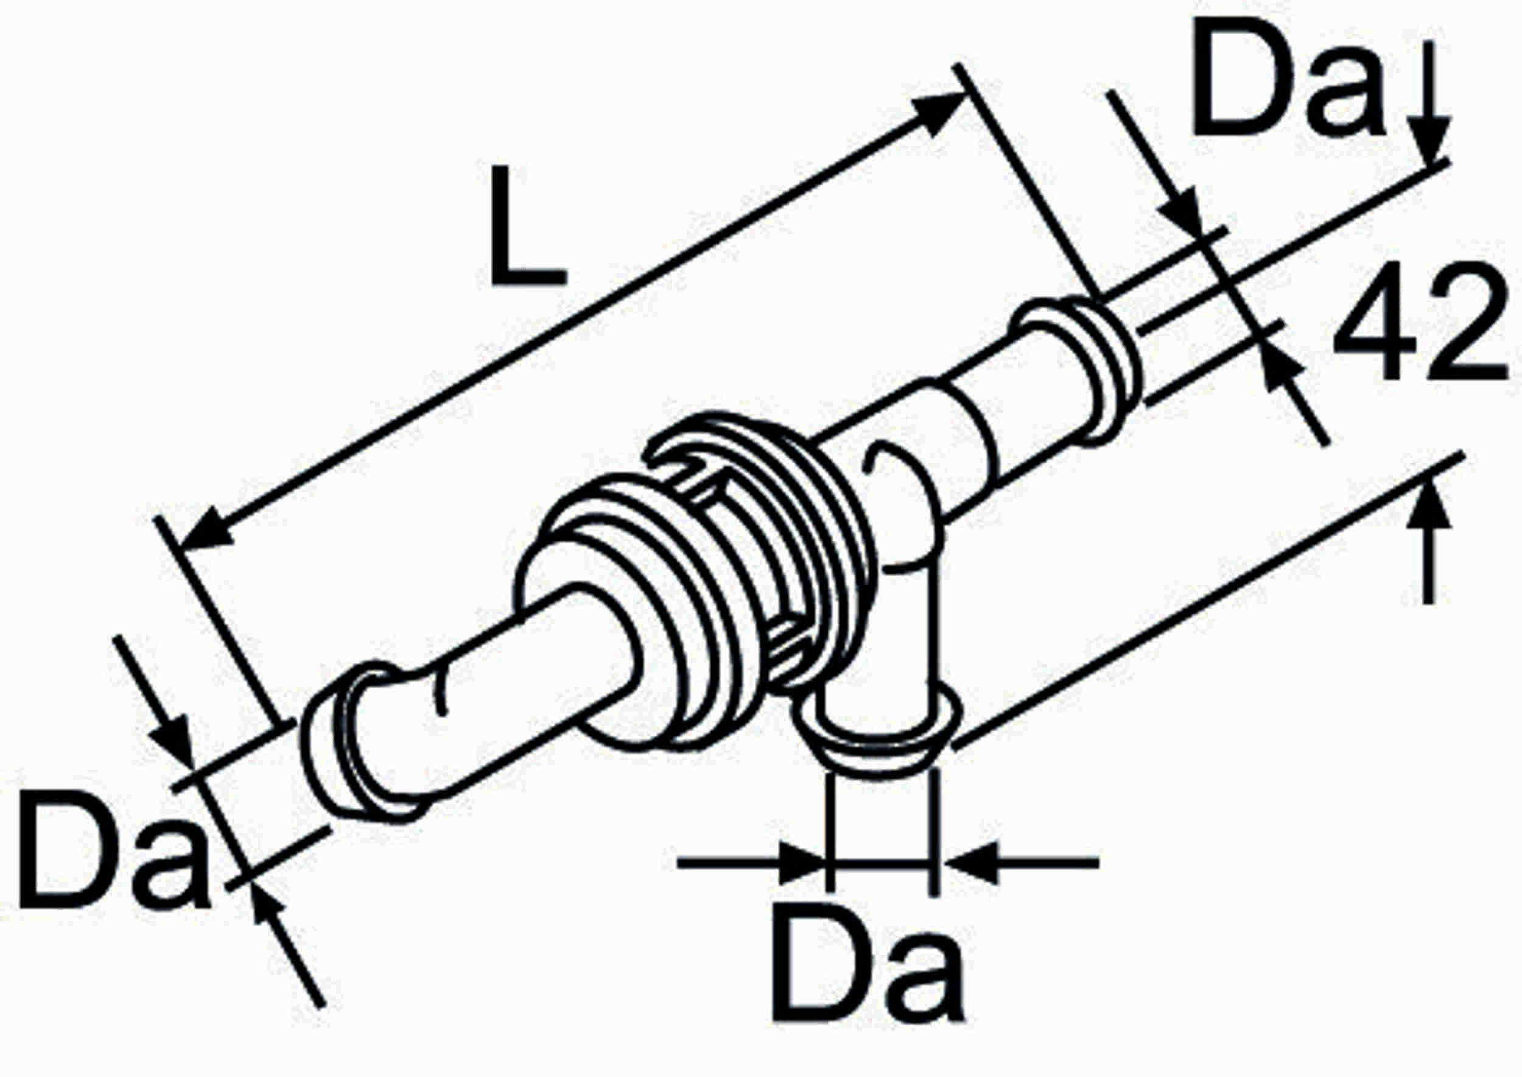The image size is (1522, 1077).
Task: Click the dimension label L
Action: point(527,227)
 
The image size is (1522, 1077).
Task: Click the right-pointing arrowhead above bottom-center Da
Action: point(804,863)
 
